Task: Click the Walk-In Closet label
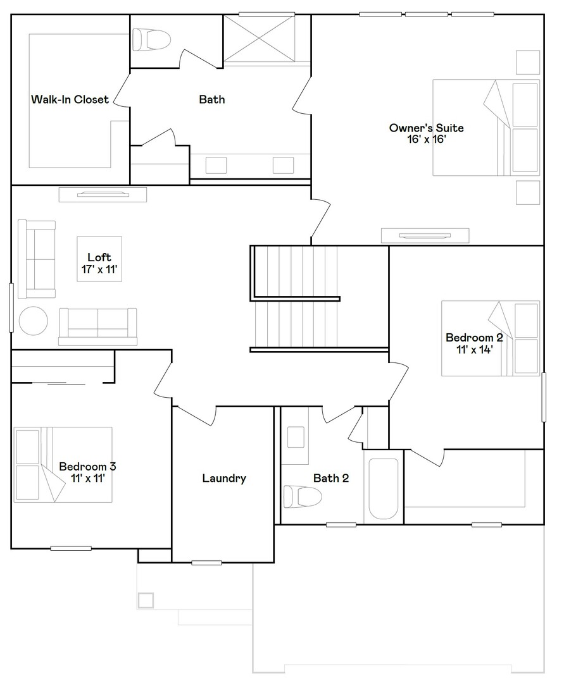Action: (70, 99)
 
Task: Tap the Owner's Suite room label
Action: (426, 128)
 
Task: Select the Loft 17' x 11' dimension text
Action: (99, 269)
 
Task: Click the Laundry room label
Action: (224, 478)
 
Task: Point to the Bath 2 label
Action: (331, 478)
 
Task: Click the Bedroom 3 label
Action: (87, 467)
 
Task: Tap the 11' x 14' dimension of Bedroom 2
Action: (475, 349)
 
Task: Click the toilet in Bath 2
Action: (303, 496)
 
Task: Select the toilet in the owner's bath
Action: (151, 40)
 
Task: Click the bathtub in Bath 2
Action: (383, 489)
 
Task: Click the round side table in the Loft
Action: (33, 321)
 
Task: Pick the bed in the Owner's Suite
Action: (486, 128)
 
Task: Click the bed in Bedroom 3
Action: (63, 465)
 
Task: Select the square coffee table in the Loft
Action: (99, 259)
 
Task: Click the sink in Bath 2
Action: (296, 437)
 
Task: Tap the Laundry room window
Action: (206, 563)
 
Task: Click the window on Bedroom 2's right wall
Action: (544, 397)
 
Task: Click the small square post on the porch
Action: (146, 600)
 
